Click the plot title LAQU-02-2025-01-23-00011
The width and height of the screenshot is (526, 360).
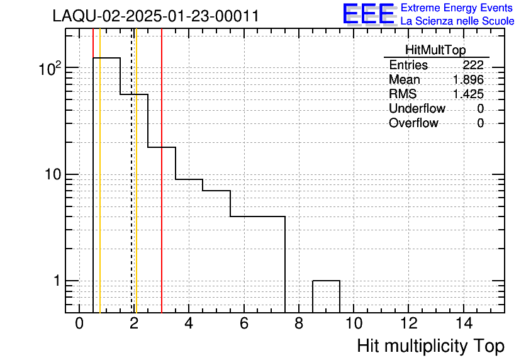point(155,16)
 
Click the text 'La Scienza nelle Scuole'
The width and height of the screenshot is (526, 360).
point(457,21)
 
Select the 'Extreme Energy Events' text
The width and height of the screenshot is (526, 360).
point(457,8)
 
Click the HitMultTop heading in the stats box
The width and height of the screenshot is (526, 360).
point(435,50)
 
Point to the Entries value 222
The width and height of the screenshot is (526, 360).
point(473,65)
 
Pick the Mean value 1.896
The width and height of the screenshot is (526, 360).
point(468,79)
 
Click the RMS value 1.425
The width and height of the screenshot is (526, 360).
point(468,94)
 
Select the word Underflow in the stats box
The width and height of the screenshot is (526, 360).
point(417,108)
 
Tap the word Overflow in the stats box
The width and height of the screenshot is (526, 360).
point(413,123)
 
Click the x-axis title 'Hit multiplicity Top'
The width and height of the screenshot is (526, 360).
point(431,346)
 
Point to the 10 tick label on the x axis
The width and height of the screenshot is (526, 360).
point(354,323)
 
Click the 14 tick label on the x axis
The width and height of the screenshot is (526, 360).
point(464,323)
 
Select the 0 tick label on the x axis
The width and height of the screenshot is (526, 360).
point(79,323)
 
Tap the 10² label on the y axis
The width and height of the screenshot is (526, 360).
point(50,69)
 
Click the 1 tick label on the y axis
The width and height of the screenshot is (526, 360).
point(57,281)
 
